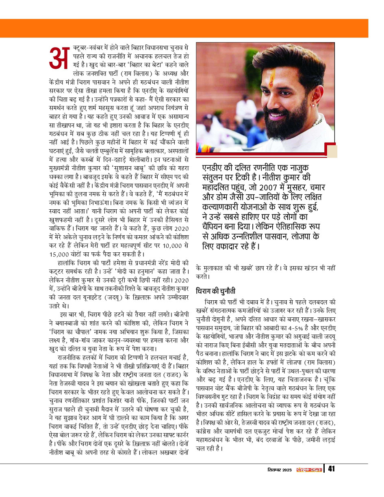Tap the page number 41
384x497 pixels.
(331, 469)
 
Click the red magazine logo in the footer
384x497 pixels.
(309, 470)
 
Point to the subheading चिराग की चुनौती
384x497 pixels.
(215, 291)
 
